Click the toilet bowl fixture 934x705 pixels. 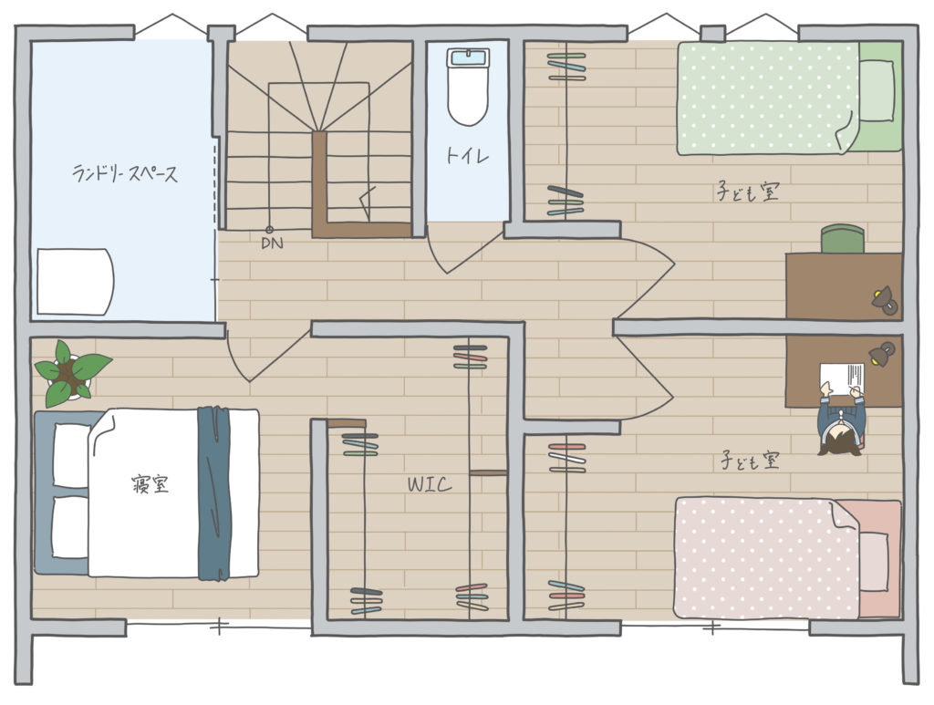[x=468, y=87]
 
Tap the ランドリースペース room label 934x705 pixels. [x=124, y=172]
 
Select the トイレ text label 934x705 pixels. [x=468, y=156]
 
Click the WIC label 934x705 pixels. [x=430, y=484]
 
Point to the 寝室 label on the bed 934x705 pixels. [x=150, y=483]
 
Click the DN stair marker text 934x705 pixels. [x=272, y=243]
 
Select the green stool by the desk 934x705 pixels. [x=843, y=238]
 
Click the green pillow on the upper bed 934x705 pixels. [x=877, y=91]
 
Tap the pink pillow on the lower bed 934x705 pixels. [x=874, y=561]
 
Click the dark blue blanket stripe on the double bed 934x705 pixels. [x=213, y=492]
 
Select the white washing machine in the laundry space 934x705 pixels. [x=75, y=282]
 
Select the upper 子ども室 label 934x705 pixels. [x=748, y=192]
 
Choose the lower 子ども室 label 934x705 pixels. [x=750, y=460]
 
